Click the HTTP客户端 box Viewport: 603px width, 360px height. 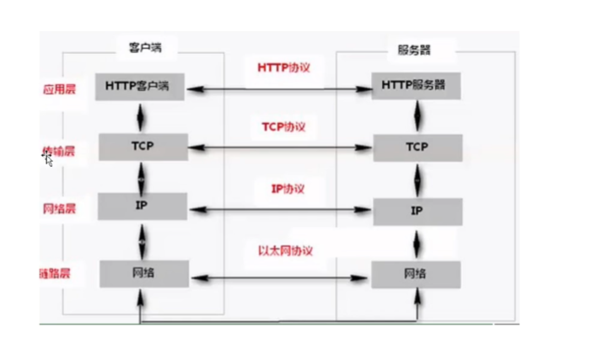tap(140, 86)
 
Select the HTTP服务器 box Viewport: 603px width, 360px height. tap(417, 86)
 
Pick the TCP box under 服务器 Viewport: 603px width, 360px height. tap(417, 148)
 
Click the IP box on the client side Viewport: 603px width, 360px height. tap(140, 205)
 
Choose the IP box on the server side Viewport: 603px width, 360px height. tap(417, 210)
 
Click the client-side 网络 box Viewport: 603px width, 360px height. tap(140, 273)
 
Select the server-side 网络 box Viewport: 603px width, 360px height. tap(417, 274)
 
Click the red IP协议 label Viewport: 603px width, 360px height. tap(287, 188)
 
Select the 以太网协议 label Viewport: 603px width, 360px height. tap(285, 251)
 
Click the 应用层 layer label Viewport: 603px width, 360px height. tap(58, 88)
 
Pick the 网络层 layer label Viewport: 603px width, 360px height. tap(58, 207)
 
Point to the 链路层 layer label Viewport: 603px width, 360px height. tap(55, 273)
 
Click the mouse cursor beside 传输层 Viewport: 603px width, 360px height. tap(49, 159)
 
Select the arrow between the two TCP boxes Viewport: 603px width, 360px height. tap(278, 148)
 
